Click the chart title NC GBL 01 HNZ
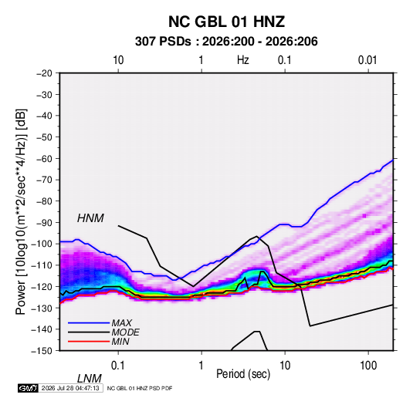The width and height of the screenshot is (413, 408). click(x=226, y=22)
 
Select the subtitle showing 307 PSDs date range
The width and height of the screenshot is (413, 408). click(x=226, y=42)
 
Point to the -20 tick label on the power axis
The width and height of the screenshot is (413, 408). click(x=44, y=73)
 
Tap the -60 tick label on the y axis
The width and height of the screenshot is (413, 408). click(x=44, y=159)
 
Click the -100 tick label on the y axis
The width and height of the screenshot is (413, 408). click(x=42, y=244)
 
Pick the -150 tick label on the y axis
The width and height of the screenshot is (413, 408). click(x=42, y=351)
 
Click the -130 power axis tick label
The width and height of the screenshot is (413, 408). click(x=42, y=309)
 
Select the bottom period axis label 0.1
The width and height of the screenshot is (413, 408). click(x=118, y=366)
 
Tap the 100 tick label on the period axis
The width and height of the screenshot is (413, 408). click(x=368, y=366)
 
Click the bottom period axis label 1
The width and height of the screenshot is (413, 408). click(x=201, y=366)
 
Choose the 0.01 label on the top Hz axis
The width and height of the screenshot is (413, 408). click(x=367, y=60)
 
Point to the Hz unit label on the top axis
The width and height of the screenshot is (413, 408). click(x=243, y=60)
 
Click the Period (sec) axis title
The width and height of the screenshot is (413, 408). click(x=243, y=374)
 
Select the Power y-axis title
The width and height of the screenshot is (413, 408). click(x=21, y=212)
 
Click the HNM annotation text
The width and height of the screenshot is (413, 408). click(x=90, y=218)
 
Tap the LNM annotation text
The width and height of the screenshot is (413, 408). click(x=90, y=379)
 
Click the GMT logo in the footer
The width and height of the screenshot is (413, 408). click(x=28, y=388)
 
